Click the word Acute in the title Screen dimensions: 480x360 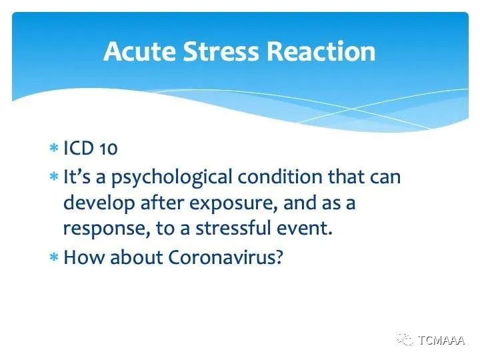(x=139, y=51)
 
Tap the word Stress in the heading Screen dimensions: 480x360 (x=221, y=51)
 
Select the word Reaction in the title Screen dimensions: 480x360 (x=321, y=51)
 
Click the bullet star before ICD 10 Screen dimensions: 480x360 (x=54, y=148)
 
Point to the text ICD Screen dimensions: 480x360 (x=79, y=148)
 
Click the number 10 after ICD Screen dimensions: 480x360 (x=109, y=149)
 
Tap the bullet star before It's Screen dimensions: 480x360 (x=54, y=177)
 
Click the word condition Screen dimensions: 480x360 (x=280, y=177)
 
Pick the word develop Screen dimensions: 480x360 (x=99, y=204)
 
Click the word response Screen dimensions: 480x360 (x=107, y=229)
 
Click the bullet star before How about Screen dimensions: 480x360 (x=54, y=257)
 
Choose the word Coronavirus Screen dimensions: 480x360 (x=225, y=257)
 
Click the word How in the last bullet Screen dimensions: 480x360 (x=83, y=257)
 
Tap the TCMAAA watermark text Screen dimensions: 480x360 (x=441, y=341)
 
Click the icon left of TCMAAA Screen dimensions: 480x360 (x=405, y=340)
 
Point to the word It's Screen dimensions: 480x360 (x=77, y=177)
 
